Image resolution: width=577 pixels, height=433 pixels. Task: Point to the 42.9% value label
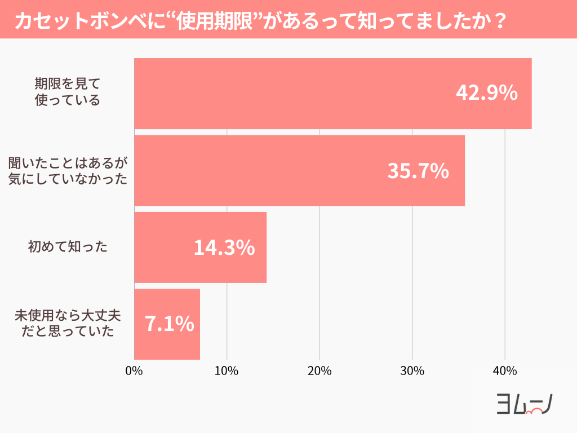click(x=486, y=94)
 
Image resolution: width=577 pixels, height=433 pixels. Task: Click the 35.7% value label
click(x=418, y=171)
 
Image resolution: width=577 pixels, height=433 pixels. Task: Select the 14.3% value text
click(x=224, y=248)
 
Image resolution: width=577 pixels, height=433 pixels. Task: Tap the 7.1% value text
click(x=170, y=324)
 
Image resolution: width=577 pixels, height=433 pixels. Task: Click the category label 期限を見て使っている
click(x=67, y=92)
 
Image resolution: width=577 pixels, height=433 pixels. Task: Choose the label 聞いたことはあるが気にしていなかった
click(x=68, y=171)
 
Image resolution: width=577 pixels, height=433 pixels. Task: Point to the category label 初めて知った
click(x=68, y=247)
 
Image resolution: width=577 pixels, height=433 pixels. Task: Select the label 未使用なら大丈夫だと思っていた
click(x=68, y=324)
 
